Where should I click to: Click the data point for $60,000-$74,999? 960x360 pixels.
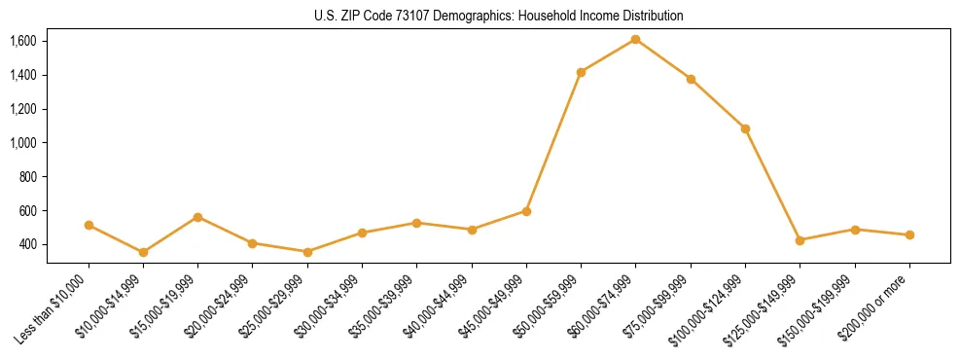click(635, 39)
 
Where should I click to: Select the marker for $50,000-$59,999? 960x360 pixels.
click(581, 72)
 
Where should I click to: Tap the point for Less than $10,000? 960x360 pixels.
click(89, 225)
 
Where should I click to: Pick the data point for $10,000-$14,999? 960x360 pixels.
click(143, 252)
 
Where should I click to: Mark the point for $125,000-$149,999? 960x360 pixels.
click(800, 240)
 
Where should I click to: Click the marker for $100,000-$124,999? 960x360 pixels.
click(745, 128)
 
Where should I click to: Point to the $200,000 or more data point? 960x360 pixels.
click(909, 234)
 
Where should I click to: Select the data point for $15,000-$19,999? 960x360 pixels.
click(197, 217)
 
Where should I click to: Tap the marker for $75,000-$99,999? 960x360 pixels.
click(691, 79)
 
